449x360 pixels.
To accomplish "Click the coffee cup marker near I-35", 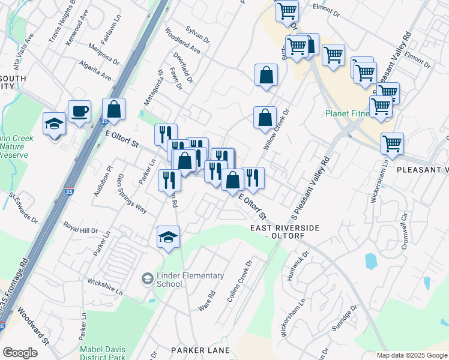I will (x=79, y=112).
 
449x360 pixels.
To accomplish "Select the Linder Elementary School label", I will (x=178, y=280).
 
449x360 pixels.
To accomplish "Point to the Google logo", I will (x=20, y=353).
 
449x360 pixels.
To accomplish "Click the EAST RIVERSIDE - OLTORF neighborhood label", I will (x=286, y=232).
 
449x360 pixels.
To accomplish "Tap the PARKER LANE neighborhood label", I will (x=200, y=350).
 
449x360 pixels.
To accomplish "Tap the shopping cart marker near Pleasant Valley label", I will (x=392, y=143).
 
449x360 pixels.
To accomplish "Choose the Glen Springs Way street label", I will (x=132, y=192).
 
